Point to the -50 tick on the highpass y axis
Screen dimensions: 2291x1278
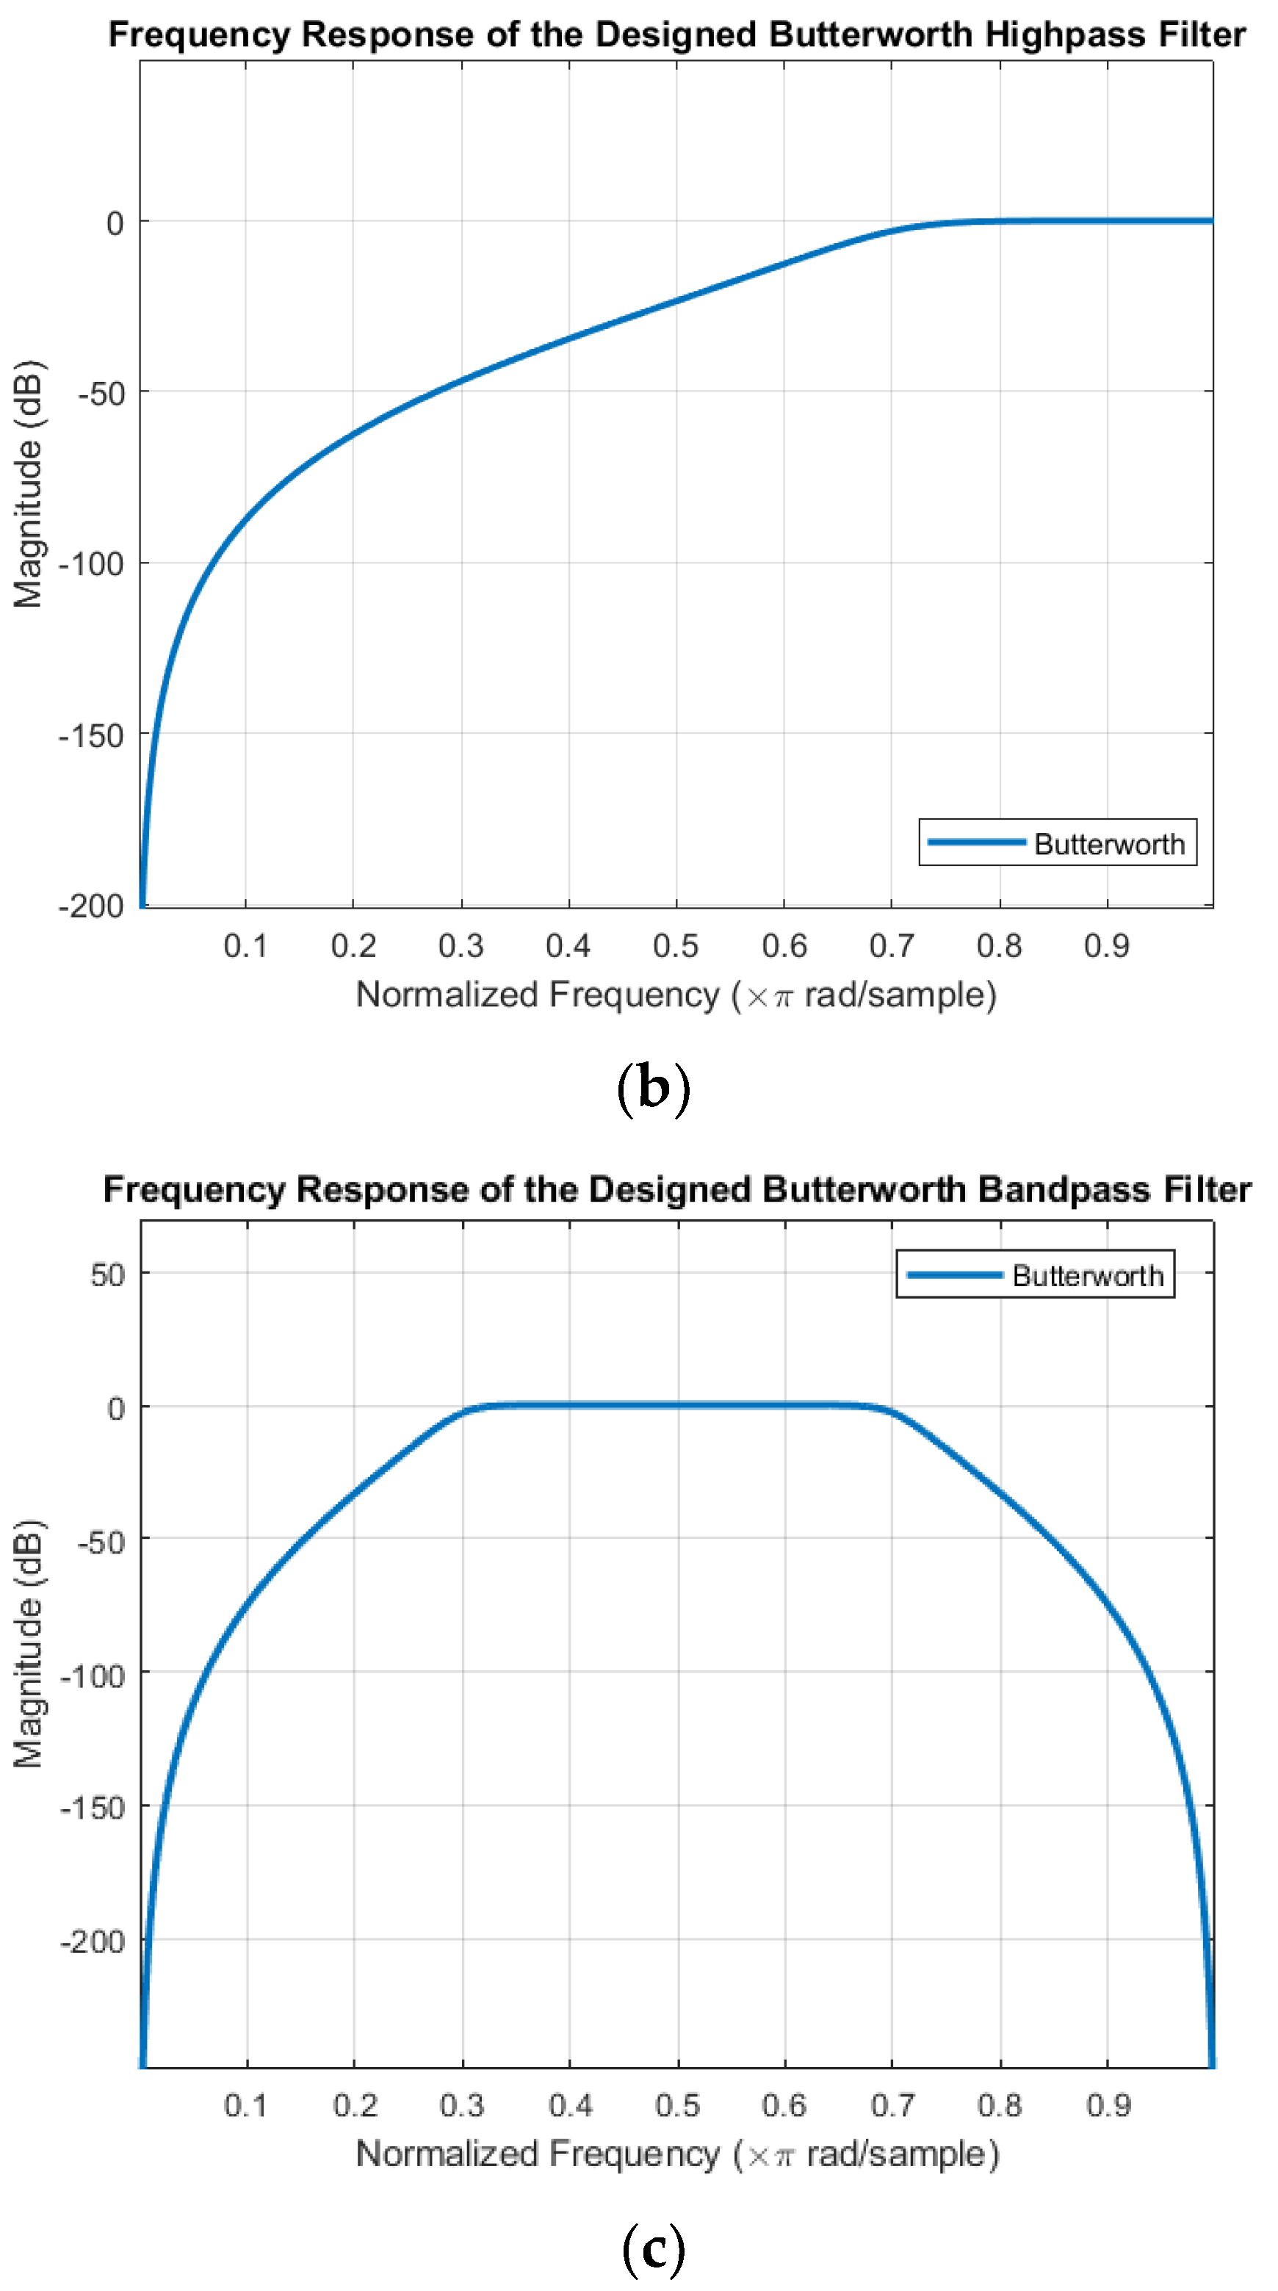101,393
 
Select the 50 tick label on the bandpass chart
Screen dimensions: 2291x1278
108,1275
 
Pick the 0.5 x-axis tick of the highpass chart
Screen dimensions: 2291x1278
676,945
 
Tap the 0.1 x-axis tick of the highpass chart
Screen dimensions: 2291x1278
245,945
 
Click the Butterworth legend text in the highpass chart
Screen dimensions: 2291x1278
1109,844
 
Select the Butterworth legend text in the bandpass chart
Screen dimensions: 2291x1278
1088,1276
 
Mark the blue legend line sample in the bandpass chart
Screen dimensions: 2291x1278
954,1275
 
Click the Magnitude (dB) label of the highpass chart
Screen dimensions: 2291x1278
29,484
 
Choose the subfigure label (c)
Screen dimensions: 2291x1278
653,2248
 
